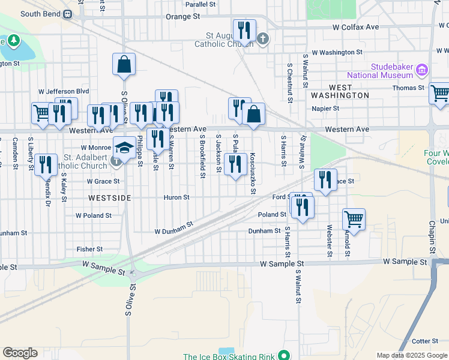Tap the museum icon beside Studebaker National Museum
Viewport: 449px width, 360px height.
[x=421, y=71]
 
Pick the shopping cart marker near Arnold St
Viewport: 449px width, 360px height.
[x=354, y=219]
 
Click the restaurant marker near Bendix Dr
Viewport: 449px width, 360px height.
[x=46, y=164]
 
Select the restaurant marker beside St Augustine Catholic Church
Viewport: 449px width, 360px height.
[x=244, y=29]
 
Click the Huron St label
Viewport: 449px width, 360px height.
[x=176, y=197]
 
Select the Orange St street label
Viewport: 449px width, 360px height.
[x=182, y=17]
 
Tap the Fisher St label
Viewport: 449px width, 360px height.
[x=89, y=249]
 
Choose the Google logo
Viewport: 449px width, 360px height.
[x=20, y=353]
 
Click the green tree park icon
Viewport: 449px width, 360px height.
[x=12, y=41]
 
